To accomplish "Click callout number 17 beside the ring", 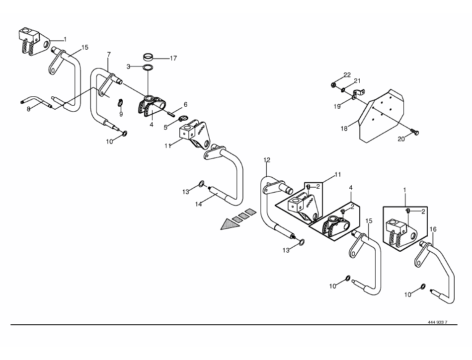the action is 173,59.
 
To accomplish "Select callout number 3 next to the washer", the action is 128,67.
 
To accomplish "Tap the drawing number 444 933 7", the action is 437,322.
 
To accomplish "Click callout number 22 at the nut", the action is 347,75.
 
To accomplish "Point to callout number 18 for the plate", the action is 344,129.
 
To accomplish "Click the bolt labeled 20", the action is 414,132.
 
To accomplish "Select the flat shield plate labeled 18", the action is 382,116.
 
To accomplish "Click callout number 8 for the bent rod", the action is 29,109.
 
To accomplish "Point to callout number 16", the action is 433,229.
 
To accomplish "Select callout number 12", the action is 267,160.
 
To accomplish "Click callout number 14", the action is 198,204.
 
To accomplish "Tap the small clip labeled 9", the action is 120,103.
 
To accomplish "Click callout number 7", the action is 109,55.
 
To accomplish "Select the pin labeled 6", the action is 171,114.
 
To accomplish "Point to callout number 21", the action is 357,81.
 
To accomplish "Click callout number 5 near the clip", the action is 165,128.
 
